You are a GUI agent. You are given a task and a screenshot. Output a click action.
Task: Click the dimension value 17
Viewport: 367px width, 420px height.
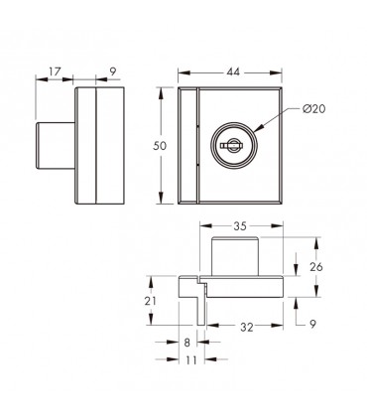click(56, 71)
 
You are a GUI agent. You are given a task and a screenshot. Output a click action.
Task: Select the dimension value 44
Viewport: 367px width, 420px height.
click(233, 72)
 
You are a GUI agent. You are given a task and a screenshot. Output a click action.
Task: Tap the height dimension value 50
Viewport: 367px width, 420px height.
click(160, 146)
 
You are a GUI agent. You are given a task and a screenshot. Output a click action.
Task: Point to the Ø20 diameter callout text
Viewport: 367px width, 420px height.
click(313, 108)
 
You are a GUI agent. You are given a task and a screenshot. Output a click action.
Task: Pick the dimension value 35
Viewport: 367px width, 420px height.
click(240, 226)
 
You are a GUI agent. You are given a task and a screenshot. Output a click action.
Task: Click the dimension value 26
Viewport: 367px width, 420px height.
click(316, 267)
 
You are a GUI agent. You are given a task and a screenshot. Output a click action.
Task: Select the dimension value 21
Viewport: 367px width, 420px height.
click(151, 301)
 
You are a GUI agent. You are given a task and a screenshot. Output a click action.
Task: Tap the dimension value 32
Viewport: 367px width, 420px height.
click(247, 328)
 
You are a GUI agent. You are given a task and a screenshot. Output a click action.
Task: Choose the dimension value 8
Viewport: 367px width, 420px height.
click(187, 343)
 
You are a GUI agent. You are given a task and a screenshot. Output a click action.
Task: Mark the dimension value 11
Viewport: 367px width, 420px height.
click(191, 359)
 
